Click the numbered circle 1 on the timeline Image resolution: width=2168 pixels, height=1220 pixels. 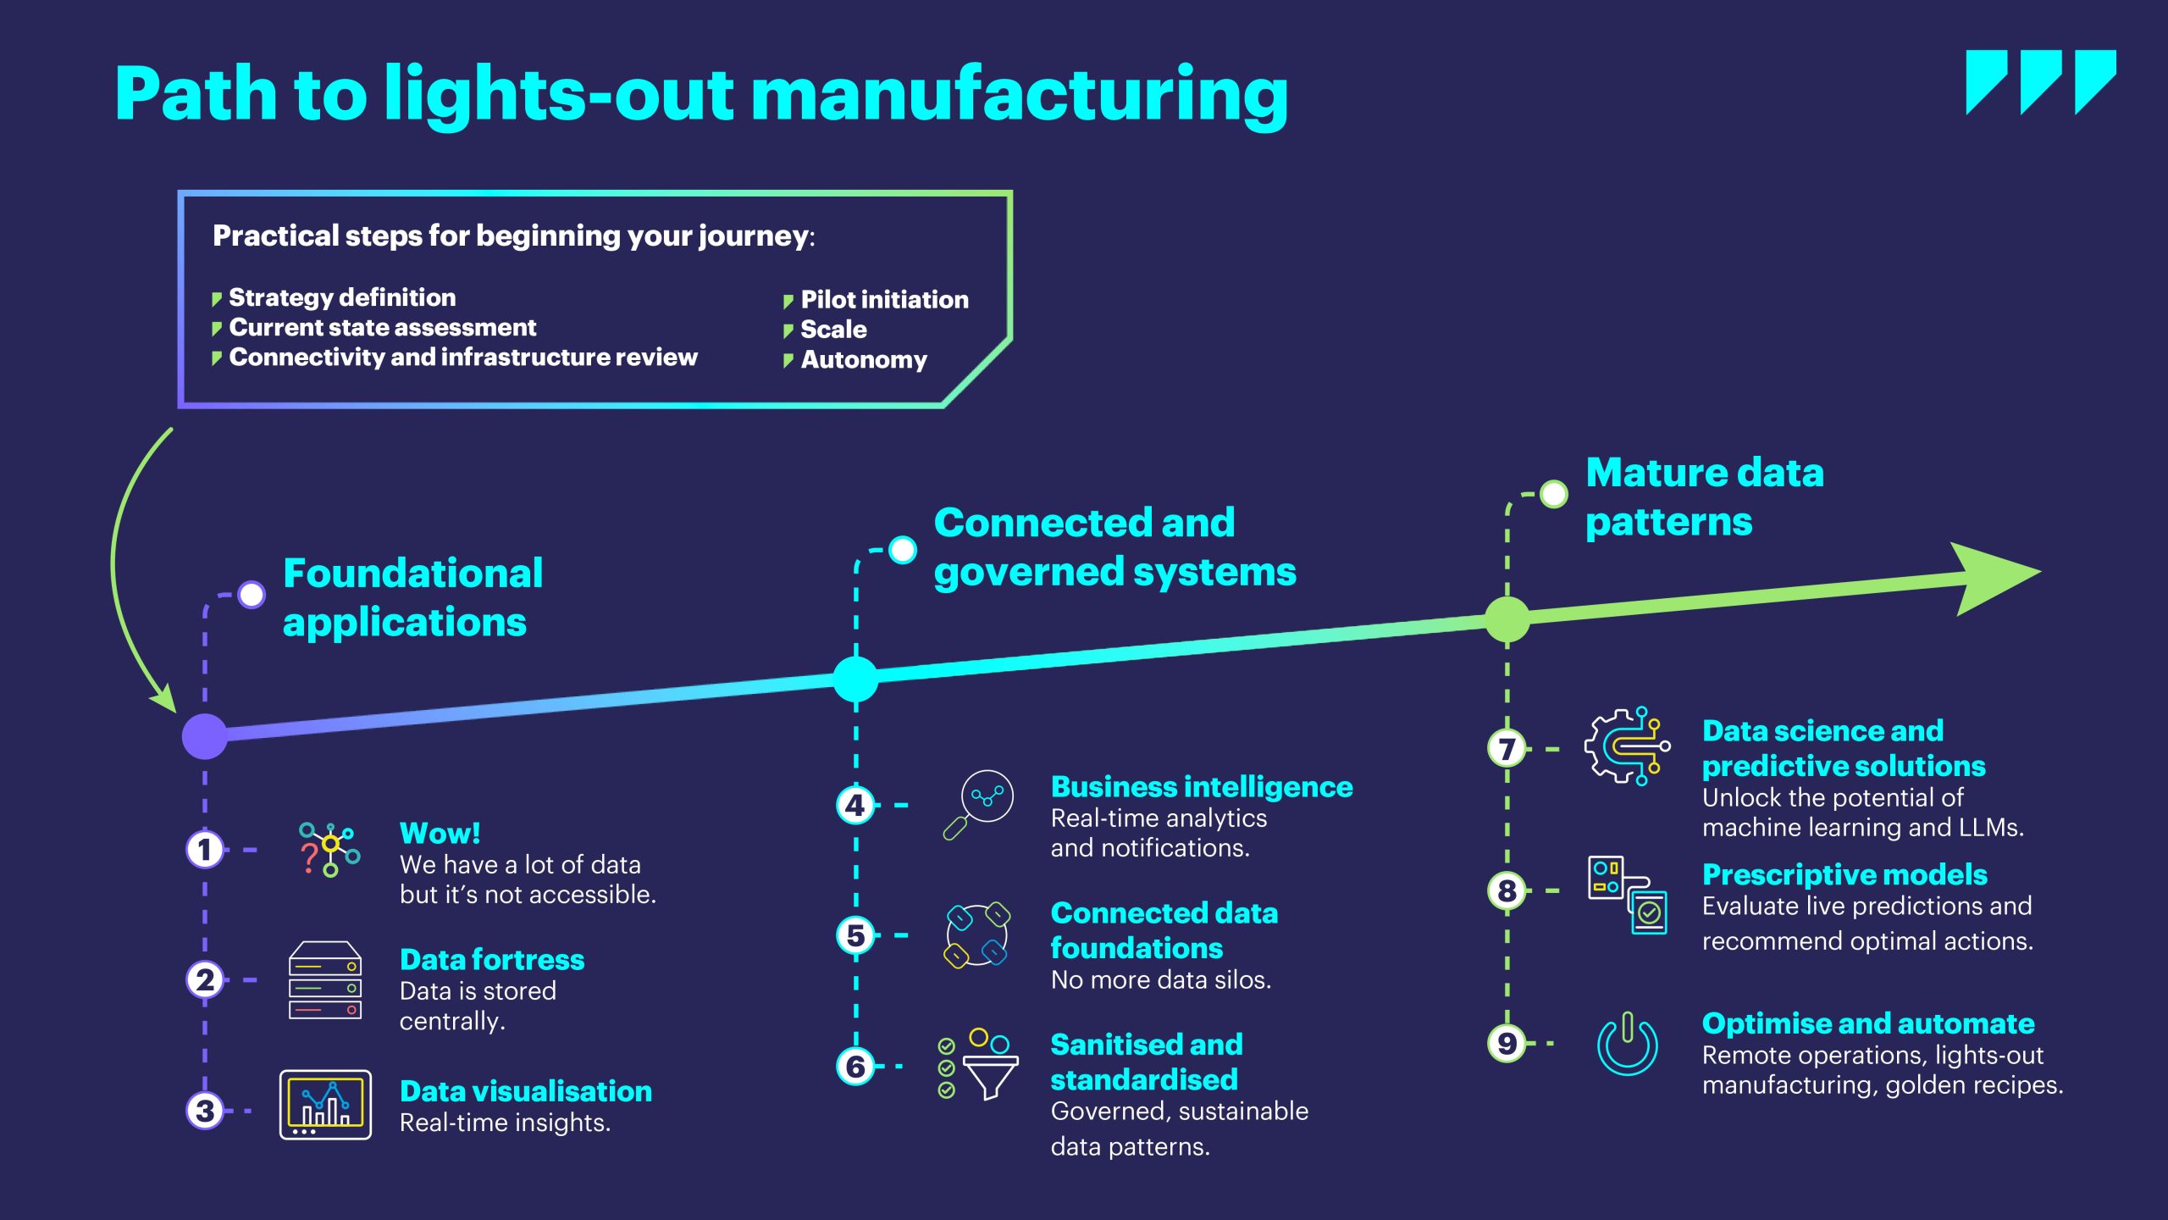pos(204,849)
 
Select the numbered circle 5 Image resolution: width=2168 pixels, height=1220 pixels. pos(855,934)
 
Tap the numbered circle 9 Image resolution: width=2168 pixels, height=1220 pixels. pos(1507,1043)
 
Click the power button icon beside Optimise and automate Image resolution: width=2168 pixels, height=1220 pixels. pos(1627,1044)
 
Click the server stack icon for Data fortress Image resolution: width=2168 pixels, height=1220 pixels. pos(325,980)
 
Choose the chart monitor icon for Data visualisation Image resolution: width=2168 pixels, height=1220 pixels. pos(325,1105)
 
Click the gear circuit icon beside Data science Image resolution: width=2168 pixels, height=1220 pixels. pos(1627,746)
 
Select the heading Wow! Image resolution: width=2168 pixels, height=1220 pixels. pos(440,833)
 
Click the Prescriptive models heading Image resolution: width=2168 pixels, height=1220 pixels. pos(1844,874)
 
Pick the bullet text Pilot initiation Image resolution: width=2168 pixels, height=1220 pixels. pos(884,299)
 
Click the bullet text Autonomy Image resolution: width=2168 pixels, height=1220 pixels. pos(864,359)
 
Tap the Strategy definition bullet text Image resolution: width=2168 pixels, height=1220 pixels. pos(342,297)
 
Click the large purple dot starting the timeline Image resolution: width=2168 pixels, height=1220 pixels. pos(205,735)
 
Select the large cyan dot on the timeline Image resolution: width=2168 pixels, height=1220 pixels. pos(855,679)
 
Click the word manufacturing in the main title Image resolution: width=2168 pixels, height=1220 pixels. pos(1020,95)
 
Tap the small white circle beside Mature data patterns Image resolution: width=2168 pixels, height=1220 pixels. pos(1553,494)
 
